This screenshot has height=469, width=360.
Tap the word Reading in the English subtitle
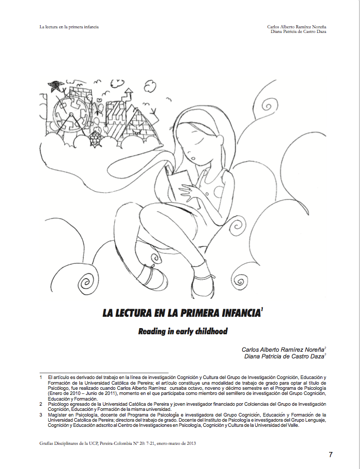tap(152, 332)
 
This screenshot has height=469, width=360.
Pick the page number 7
tap(331, 454)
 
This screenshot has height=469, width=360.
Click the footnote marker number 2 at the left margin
tap(41, 404)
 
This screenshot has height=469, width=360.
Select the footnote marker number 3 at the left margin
tap(41, 414)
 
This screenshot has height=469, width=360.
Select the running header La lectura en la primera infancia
tap(69, 27)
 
